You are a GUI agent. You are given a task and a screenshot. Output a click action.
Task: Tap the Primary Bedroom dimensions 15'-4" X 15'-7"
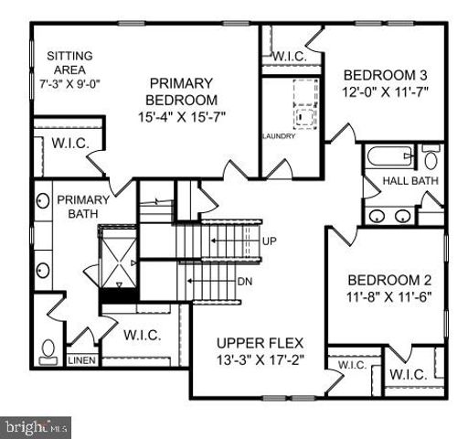pyautogui.click(x=183, y=116)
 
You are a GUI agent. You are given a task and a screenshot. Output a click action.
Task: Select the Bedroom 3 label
pyautogui.click(x=384, y=74)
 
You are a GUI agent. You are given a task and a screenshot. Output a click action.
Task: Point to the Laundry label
pyautogui.click(x=278, y=136)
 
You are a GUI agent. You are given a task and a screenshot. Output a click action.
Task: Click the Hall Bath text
pyautogui.click(x=410, y=181)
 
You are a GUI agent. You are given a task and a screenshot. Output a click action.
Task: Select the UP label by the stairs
pyautogui.click(x=244, y=242)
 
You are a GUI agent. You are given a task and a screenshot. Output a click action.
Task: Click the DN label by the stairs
pyautogui.click(x=244, y=281)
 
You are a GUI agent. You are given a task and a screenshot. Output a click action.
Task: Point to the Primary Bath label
pyautogui.click(x=83, y=207)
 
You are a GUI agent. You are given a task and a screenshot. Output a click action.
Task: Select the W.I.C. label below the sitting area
pyautogui.click(x=70, y=143)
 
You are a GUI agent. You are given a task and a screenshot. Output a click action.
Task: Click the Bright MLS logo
pyautogui.click(x=37, y=426)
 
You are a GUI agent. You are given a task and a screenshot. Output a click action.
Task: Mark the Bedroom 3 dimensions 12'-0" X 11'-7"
pyautogui.click(x=385, y=91)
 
